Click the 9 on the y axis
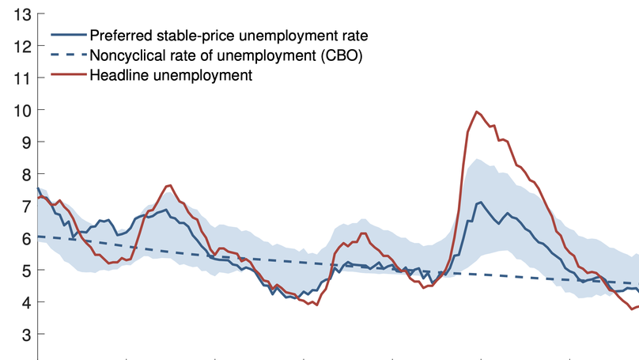point(27,142)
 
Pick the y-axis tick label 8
point(27,174)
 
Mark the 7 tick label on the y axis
point(27,207)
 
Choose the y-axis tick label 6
point(27,238)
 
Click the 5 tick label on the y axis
point(27,271)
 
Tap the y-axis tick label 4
point(27,302)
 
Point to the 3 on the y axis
point(27,335)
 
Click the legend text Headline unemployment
point(170,76)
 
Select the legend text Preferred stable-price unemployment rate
point(229,36)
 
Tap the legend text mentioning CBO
point(225,55)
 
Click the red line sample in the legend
point(68,76)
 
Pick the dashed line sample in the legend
point(68,55)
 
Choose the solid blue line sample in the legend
point(68,36)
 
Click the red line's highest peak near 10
point(476,112)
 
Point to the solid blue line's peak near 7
point(480,203)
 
